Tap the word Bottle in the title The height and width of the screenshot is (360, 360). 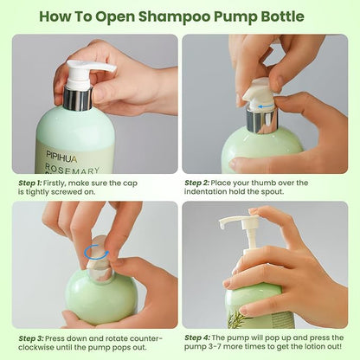pyautogui.click(x=282, y=16)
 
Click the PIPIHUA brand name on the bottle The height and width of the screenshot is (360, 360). pyautogui.click(x=61, y=156)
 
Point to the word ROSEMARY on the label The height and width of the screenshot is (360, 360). pyautogui.click(x=72, y=169)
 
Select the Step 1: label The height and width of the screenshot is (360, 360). pyautogui.click(x=30, y=183)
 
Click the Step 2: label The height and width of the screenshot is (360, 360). pyautogui.click(x=196, y=183)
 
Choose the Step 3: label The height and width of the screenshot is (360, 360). pyautogui.click(x=31, y=338)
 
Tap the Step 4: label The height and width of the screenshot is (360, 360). pyautogui.click(x=197, y=337)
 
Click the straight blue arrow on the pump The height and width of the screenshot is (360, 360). pyautogui.click(x=265, y=107)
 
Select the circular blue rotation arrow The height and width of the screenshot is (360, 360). pyautogui.click(x=97, y=253)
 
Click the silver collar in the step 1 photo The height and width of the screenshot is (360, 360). pyautogui.click(x=78, y=99)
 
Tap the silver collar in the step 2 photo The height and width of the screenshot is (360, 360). pyautogui.click(x=261, y=121)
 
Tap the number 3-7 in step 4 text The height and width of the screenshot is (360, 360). pyautogui.click(x=206, y=347)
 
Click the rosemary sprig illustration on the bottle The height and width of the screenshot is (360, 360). pyautogui.click(x=236, y=319)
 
